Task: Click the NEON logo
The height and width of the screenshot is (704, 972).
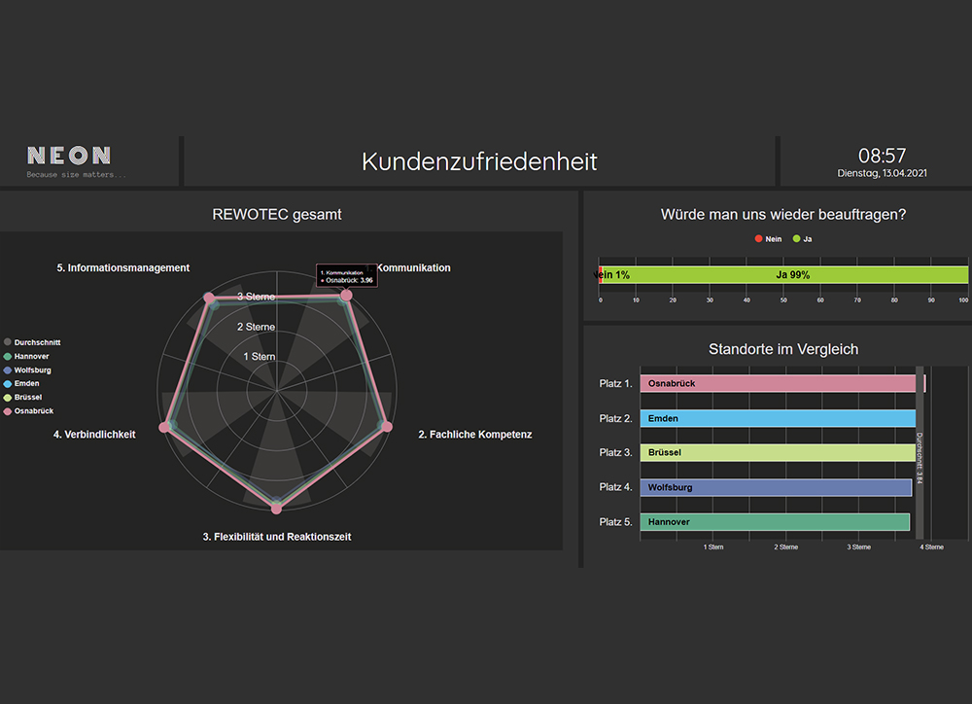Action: pos(69,156)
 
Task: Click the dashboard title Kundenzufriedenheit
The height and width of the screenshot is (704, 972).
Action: pos(479,161)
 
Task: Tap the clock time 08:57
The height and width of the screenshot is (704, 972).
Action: pos(882,156)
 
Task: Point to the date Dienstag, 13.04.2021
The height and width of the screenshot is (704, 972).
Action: pos(882,173)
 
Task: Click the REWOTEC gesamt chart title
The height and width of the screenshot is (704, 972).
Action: pos(277,214)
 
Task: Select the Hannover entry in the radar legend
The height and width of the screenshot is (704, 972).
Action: pos(32,357)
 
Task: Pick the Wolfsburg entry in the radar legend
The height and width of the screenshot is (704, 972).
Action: pos(33,370)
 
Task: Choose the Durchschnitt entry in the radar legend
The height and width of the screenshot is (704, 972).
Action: pos(37,343)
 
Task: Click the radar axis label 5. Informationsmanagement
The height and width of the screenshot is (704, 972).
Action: pos(122,267)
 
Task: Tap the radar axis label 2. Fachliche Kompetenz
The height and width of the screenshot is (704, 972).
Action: pos(474,435)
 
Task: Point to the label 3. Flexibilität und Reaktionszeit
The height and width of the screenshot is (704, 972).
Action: pos(277,537)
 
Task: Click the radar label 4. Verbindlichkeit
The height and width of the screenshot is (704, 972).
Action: pos(94,435)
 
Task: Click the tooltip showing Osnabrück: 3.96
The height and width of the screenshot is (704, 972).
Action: pos(346,276)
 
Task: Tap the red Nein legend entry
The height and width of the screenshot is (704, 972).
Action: pos(768,238)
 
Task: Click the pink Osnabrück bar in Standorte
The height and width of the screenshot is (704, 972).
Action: pos(778,383)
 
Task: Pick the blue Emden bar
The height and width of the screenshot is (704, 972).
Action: pos(778,418)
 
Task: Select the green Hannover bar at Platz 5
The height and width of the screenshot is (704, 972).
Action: pos(775,522)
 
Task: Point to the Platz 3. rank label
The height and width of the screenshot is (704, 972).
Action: pos(616,453)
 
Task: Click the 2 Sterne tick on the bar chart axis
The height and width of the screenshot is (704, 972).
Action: pos(785,547)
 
